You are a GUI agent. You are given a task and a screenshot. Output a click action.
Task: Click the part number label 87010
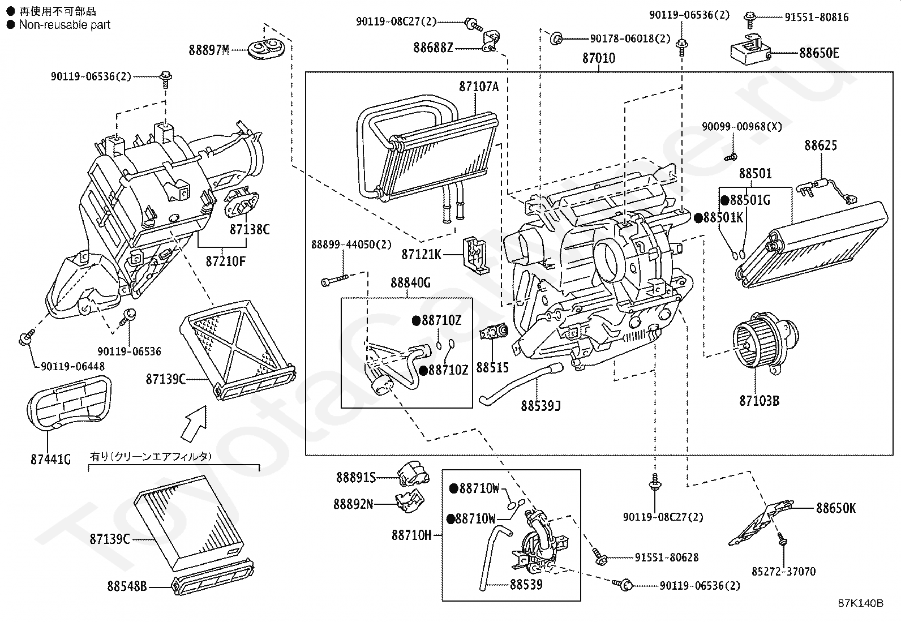[599, 58]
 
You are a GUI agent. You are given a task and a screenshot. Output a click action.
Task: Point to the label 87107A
[479, 87]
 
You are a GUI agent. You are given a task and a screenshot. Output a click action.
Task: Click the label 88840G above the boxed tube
[410, 282]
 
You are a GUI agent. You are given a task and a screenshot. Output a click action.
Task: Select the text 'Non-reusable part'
[65, 25]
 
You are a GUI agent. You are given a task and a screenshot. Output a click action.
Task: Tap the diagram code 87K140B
[860, 603]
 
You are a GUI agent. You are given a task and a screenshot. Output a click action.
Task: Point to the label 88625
[820, 145]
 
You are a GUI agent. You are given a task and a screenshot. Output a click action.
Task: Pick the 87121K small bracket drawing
[475, 255]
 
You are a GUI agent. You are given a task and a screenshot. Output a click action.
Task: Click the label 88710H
[411, 535]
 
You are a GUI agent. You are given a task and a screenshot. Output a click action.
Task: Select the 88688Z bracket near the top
[490, 43]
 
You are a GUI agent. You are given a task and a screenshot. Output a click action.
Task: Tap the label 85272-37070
[783, 572]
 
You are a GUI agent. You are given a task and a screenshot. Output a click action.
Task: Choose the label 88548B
[127, 586]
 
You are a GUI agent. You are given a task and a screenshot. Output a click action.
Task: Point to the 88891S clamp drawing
[410, 474]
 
